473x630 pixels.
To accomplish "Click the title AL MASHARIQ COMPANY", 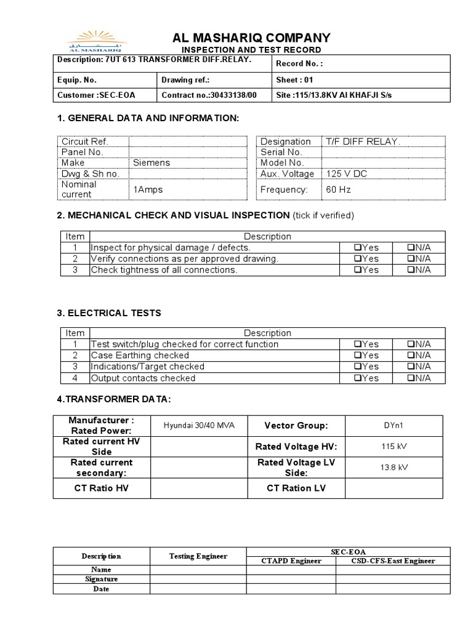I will (251, 38).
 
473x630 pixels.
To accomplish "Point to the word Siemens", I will (151, 163).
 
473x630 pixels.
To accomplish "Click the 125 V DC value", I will (347, 174).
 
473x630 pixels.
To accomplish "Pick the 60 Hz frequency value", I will (338, 189).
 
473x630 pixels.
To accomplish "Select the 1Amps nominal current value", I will (148, 189).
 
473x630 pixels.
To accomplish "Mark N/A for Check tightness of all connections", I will (410, 270).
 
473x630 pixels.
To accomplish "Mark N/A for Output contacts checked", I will (410, 378).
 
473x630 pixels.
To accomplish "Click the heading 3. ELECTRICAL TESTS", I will (109, 313).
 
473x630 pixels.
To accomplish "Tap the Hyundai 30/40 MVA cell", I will (198, 426).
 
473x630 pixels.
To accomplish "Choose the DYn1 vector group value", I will (394, 426).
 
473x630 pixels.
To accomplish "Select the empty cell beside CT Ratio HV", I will (198, 488).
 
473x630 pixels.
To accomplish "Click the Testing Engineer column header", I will (198, 556).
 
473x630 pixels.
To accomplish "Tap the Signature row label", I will (102, 579).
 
